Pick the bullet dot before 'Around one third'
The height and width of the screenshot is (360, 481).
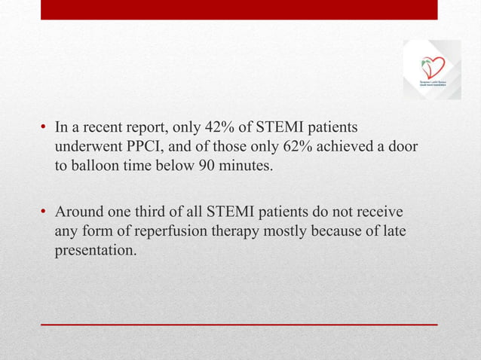coord(44,212)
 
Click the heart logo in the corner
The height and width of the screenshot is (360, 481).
coord(432,69)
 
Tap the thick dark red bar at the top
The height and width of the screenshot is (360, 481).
coord(239,9)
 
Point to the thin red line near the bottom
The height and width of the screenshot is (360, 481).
coord(239,324)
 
